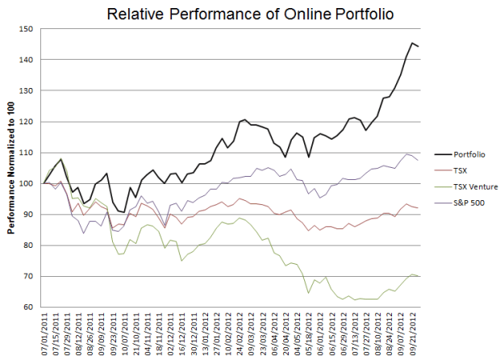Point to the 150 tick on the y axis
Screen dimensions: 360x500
30,29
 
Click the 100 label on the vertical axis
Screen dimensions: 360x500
30,183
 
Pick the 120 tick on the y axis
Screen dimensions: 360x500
30,122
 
